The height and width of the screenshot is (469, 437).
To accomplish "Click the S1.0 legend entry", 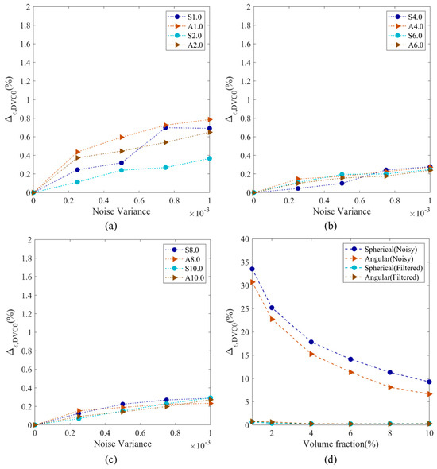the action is pos(185,17).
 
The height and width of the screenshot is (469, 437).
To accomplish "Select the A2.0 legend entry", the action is pos(185,45).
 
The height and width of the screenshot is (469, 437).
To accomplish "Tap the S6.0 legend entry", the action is pos(405,36).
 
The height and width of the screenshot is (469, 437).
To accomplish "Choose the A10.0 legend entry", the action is pos(184,278).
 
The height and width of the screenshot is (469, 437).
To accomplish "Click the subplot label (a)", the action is pos(111,226).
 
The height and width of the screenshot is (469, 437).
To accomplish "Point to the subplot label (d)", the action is pos(331,459).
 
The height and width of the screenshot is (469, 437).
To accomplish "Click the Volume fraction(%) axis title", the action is pos(341,444).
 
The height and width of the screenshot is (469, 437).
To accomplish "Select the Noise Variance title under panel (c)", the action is pos(122,444).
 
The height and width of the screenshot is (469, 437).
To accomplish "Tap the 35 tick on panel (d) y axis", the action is pos(244,262).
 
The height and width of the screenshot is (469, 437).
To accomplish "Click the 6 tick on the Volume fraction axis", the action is pos(350,433).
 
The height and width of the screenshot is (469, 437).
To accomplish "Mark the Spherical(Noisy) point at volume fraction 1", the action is pos(253,269).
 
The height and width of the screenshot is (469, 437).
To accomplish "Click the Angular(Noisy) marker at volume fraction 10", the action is pos(430,394).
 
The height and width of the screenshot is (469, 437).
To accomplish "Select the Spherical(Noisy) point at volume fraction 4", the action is pos(311,342).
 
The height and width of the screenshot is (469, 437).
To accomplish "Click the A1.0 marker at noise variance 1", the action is pos(210,120).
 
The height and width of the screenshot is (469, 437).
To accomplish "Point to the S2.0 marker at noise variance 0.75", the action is pos(165,168).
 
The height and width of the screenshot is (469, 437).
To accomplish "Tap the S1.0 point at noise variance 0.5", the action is pos(122,163).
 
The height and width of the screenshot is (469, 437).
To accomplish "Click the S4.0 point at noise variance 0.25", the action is pos(298,188).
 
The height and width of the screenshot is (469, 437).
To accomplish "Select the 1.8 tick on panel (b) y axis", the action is pos(245,25).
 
